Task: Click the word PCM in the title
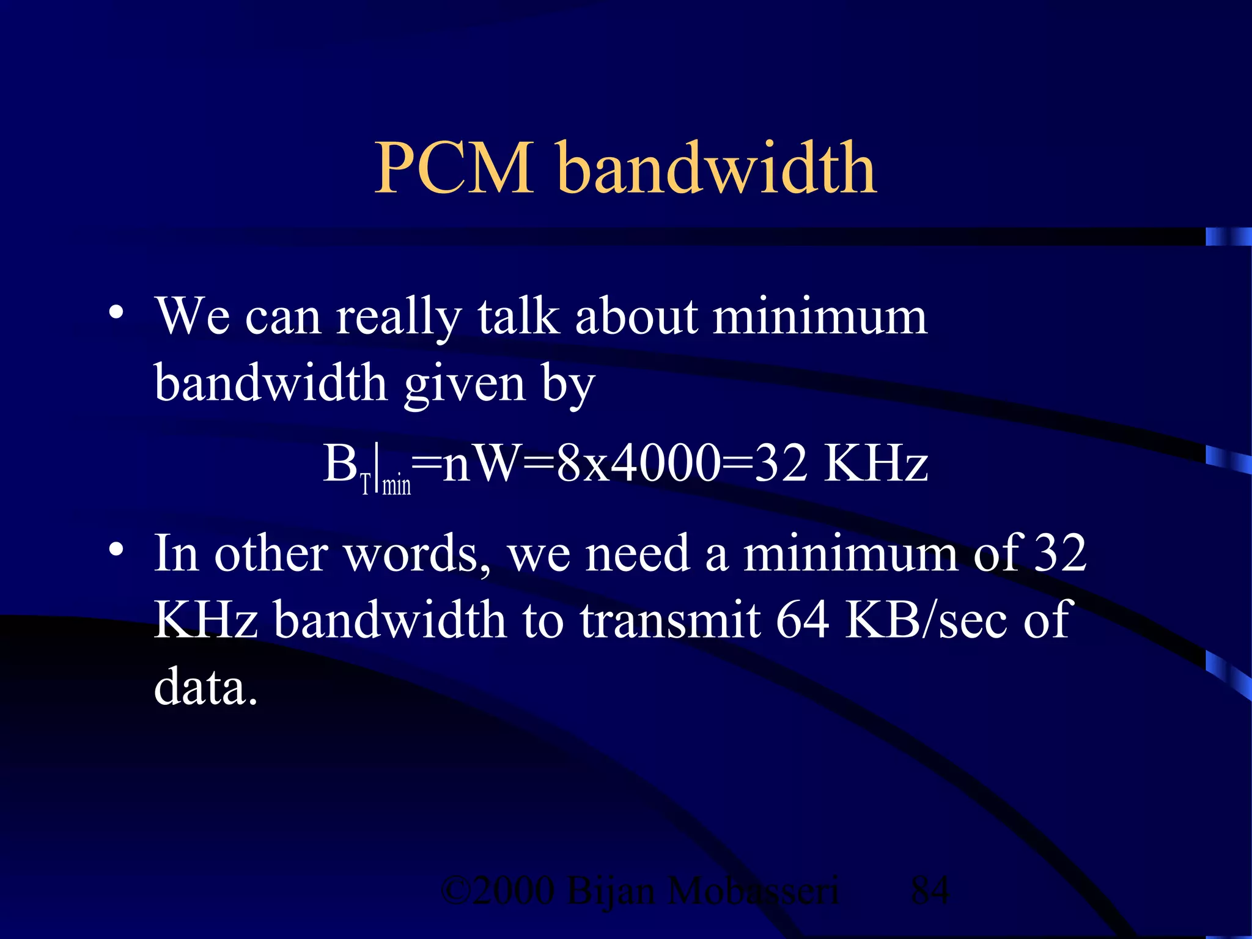pos(454,168)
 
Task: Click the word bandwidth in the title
pos(718,168)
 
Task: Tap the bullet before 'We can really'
pos(116,314)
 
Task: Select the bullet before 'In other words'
pos(116,550)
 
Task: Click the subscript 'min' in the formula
pos(396,485)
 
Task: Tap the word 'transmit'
pos(671,620)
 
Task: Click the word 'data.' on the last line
pos(205,687)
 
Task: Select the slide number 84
pos(929,890)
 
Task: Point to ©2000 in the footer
pos(498,890)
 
